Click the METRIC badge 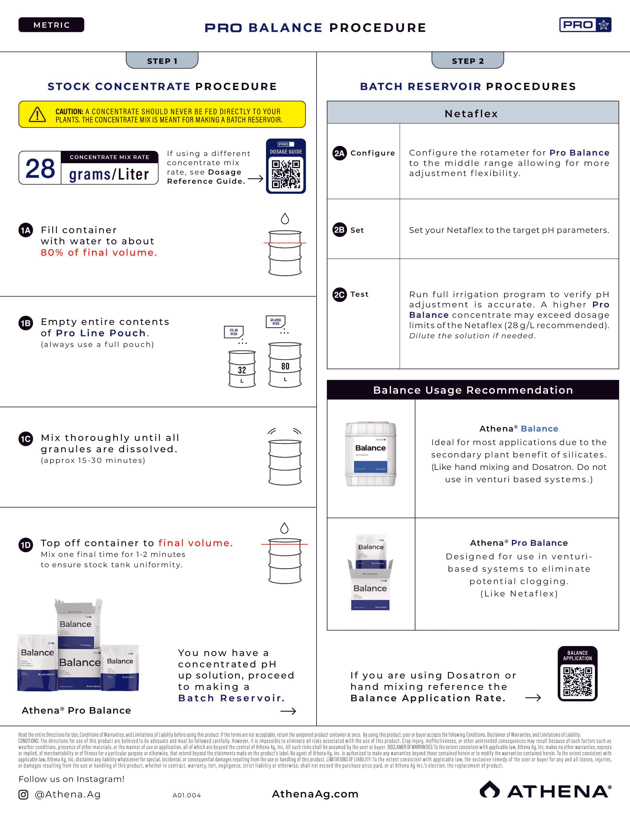(51, 25)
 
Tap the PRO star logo (585, 25)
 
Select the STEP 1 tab (162, 61)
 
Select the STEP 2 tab (468, 61)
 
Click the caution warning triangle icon (37, 114)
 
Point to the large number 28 (40, 168)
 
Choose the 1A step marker (26, 230)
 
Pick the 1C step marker (26, 439)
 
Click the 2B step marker (339, 230)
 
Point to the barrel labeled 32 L (242, 369)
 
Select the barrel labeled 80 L (285, 365)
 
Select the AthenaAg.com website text (315, 794)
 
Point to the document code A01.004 (187, 795)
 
